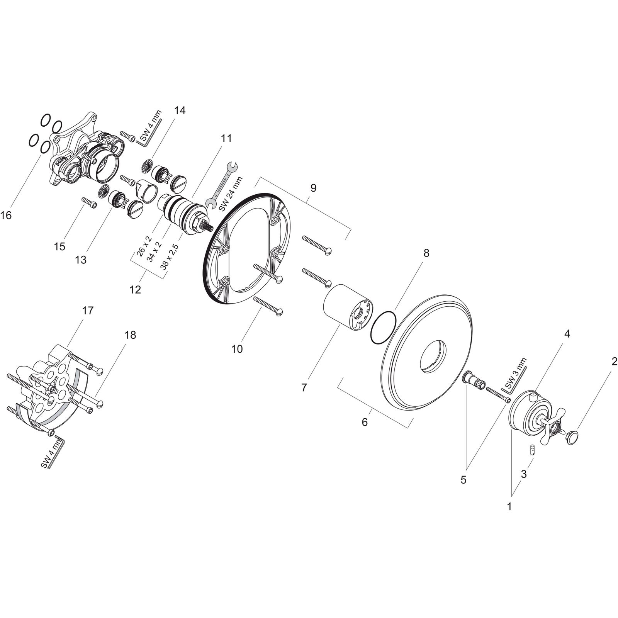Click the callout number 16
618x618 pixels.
click(6, 216)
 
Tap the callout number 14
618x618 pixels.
click(180, 110)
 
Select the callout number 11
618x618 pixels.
click(226, 138)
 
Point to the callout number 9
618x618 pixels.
click(313, 188)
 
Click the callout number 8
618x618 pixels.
click(426, 253)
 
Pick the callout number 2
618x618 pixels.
click(614, 362)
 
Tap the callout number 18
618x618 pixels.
click(131, 335)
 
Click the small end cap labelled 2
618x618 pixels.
click(571, 438)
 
